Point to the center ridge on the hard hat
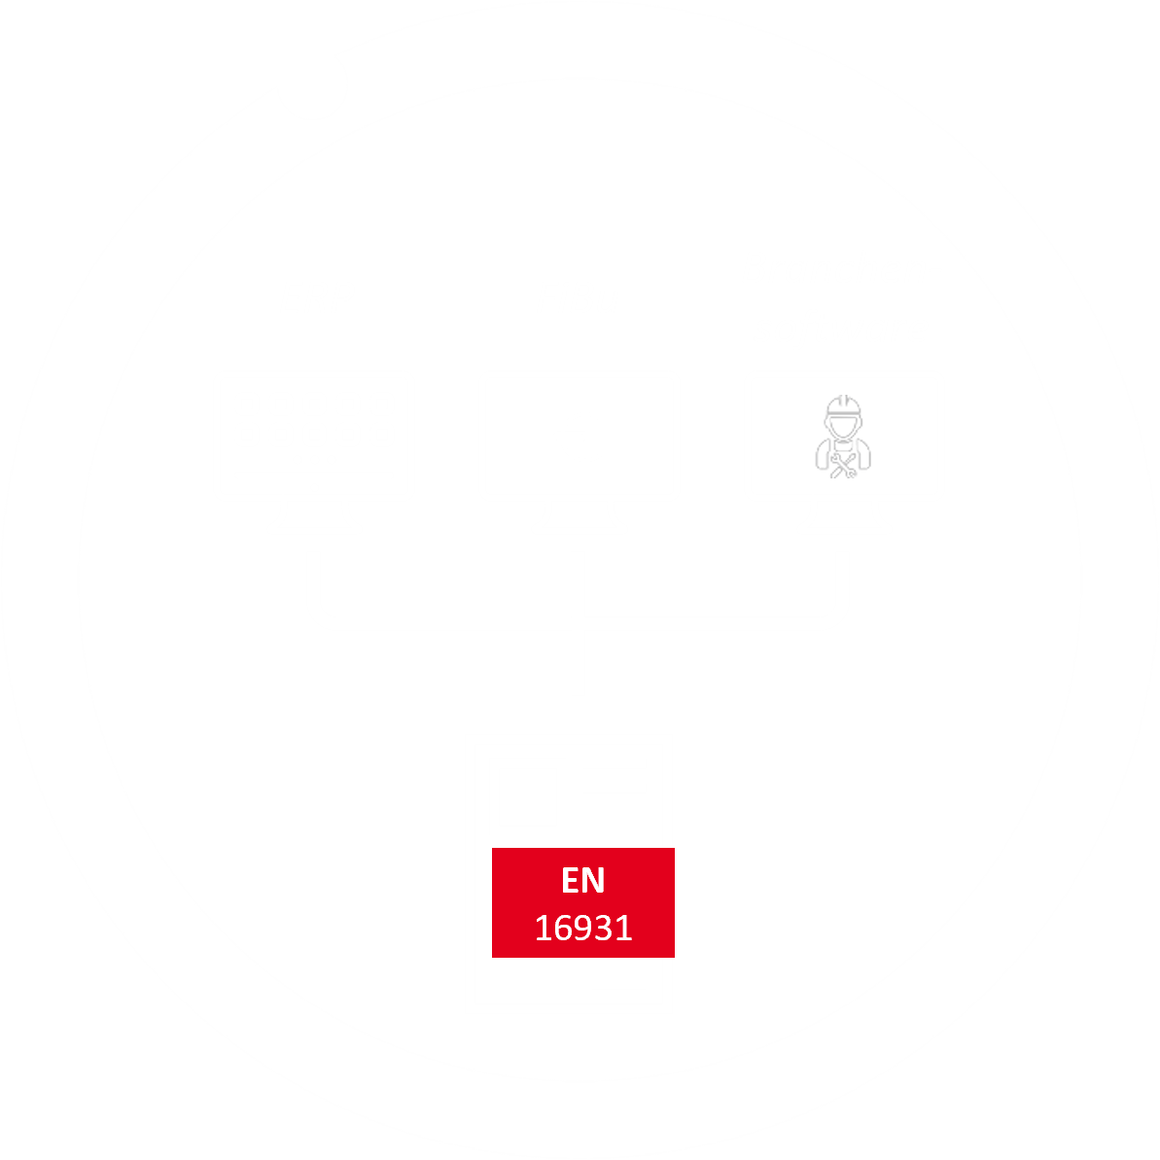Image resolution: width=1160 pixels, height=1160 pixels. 843,401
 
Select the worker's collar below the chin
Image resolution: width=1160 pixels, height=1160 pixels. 843,444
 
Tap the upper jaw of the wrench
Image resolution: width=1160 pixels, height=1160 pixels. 833,456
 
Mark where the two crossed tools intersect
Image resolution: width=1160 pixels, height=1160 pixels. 843,465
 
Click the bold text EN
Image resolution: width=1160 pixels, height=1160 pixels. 583,880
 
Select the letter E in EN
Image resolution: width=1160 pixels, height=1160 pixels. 571,880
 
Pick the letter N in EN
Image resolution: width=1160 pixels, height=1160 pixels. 594,880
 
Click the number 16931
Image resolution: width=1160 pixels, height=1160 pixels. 583,929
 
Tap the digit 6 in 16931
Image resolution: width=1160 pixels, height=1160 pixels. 563,929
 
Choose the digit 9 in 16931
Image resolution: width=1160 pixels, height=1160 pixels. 583,929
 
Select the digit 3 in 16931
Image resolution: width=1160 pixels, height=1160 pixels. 604,929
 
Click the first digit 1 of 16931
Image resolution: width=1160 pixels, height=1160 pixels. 543,929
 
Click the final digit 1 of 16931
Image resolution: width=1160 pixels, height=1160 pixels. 624,929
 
